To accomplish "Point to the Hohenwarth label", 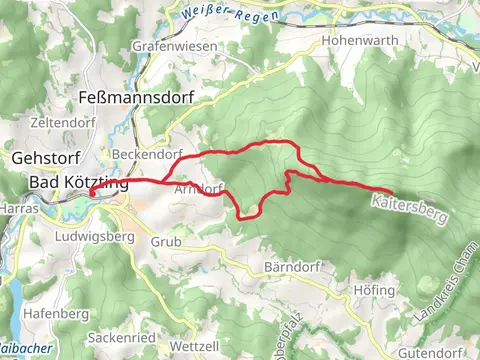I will click(360, 41).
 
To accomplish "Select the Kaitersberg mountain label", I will click(409, 208).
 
